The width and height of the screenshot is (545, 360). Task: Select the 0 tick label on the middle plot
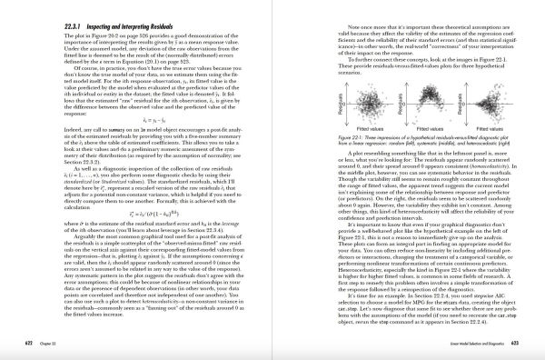point(377,94)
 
